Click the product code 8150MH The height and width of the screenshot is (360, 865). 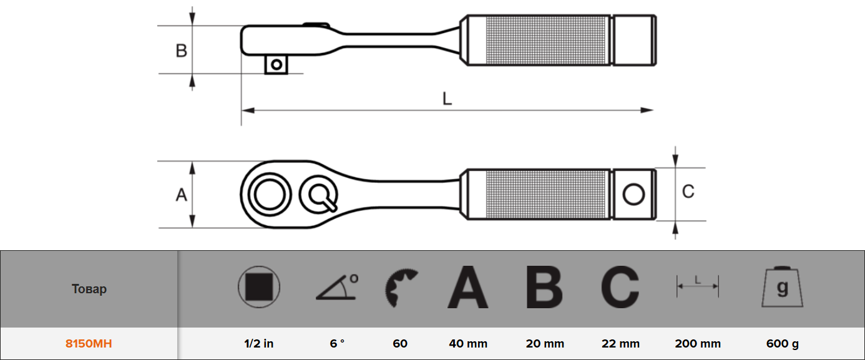click(89, 343)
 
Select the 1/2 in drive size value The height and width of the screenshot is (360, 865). click(259, 343)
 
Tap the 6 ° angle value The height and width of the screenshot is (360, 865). click(337, 343)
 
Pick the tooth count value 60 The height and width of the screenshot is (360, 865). click(400, 343)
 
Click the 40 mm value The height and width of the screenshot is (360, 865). click(468, 343)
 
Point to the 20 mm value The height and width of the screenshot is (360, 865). click(545, 343)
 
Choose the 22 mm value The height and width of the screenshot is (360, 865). click(620, 343)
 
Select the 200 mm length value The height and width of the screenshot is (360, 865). click(698, 343)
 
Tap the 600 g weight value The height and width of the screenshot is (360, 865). click(783, 344)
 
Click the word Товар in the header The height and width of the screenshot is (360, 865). click(89, 289)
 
